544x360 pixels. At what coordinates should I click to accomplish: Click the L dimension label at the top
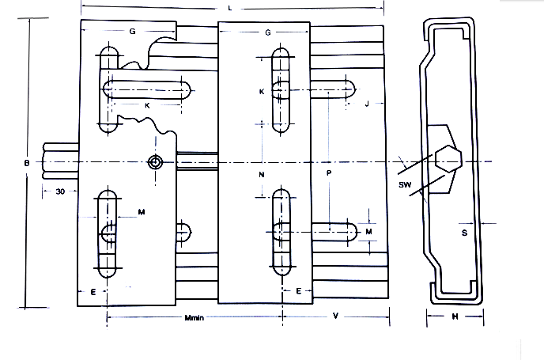tap(229, 7)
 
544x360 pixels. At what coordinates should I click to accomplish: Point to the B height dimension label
tap(28, 162)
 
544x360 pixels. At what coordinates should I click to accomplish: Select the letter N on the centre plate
tap(261, 172)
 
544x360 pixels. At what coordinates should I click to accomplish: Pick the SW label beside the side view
tap(405, 184)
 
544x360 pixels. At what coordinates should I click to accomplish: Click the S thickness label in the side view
tap(463, 233)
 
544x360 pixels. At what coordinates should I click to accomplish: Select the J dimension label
tap(368, 104)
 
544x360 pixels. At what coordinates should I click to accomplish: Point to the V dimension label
tap(335, 316)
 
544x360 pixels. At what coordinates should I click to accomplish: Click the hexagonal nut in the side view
tap(448, 161)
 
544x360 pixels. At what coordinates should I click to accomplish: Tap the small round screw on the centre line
tap(156, 162)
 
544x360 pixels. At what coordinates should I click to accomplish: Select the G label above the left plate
tap(132, 31)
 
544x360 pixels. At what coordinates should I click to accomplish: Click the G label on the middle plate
tap(269, 32)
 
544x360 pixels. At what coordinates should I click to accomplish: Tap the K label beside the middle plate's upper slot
tap(261, 92)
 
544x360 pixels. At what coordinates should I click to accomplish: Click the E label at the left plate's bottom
tap(93, 292)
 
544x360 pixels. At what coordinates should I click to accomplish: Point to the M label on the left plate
tap(141, 212)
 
